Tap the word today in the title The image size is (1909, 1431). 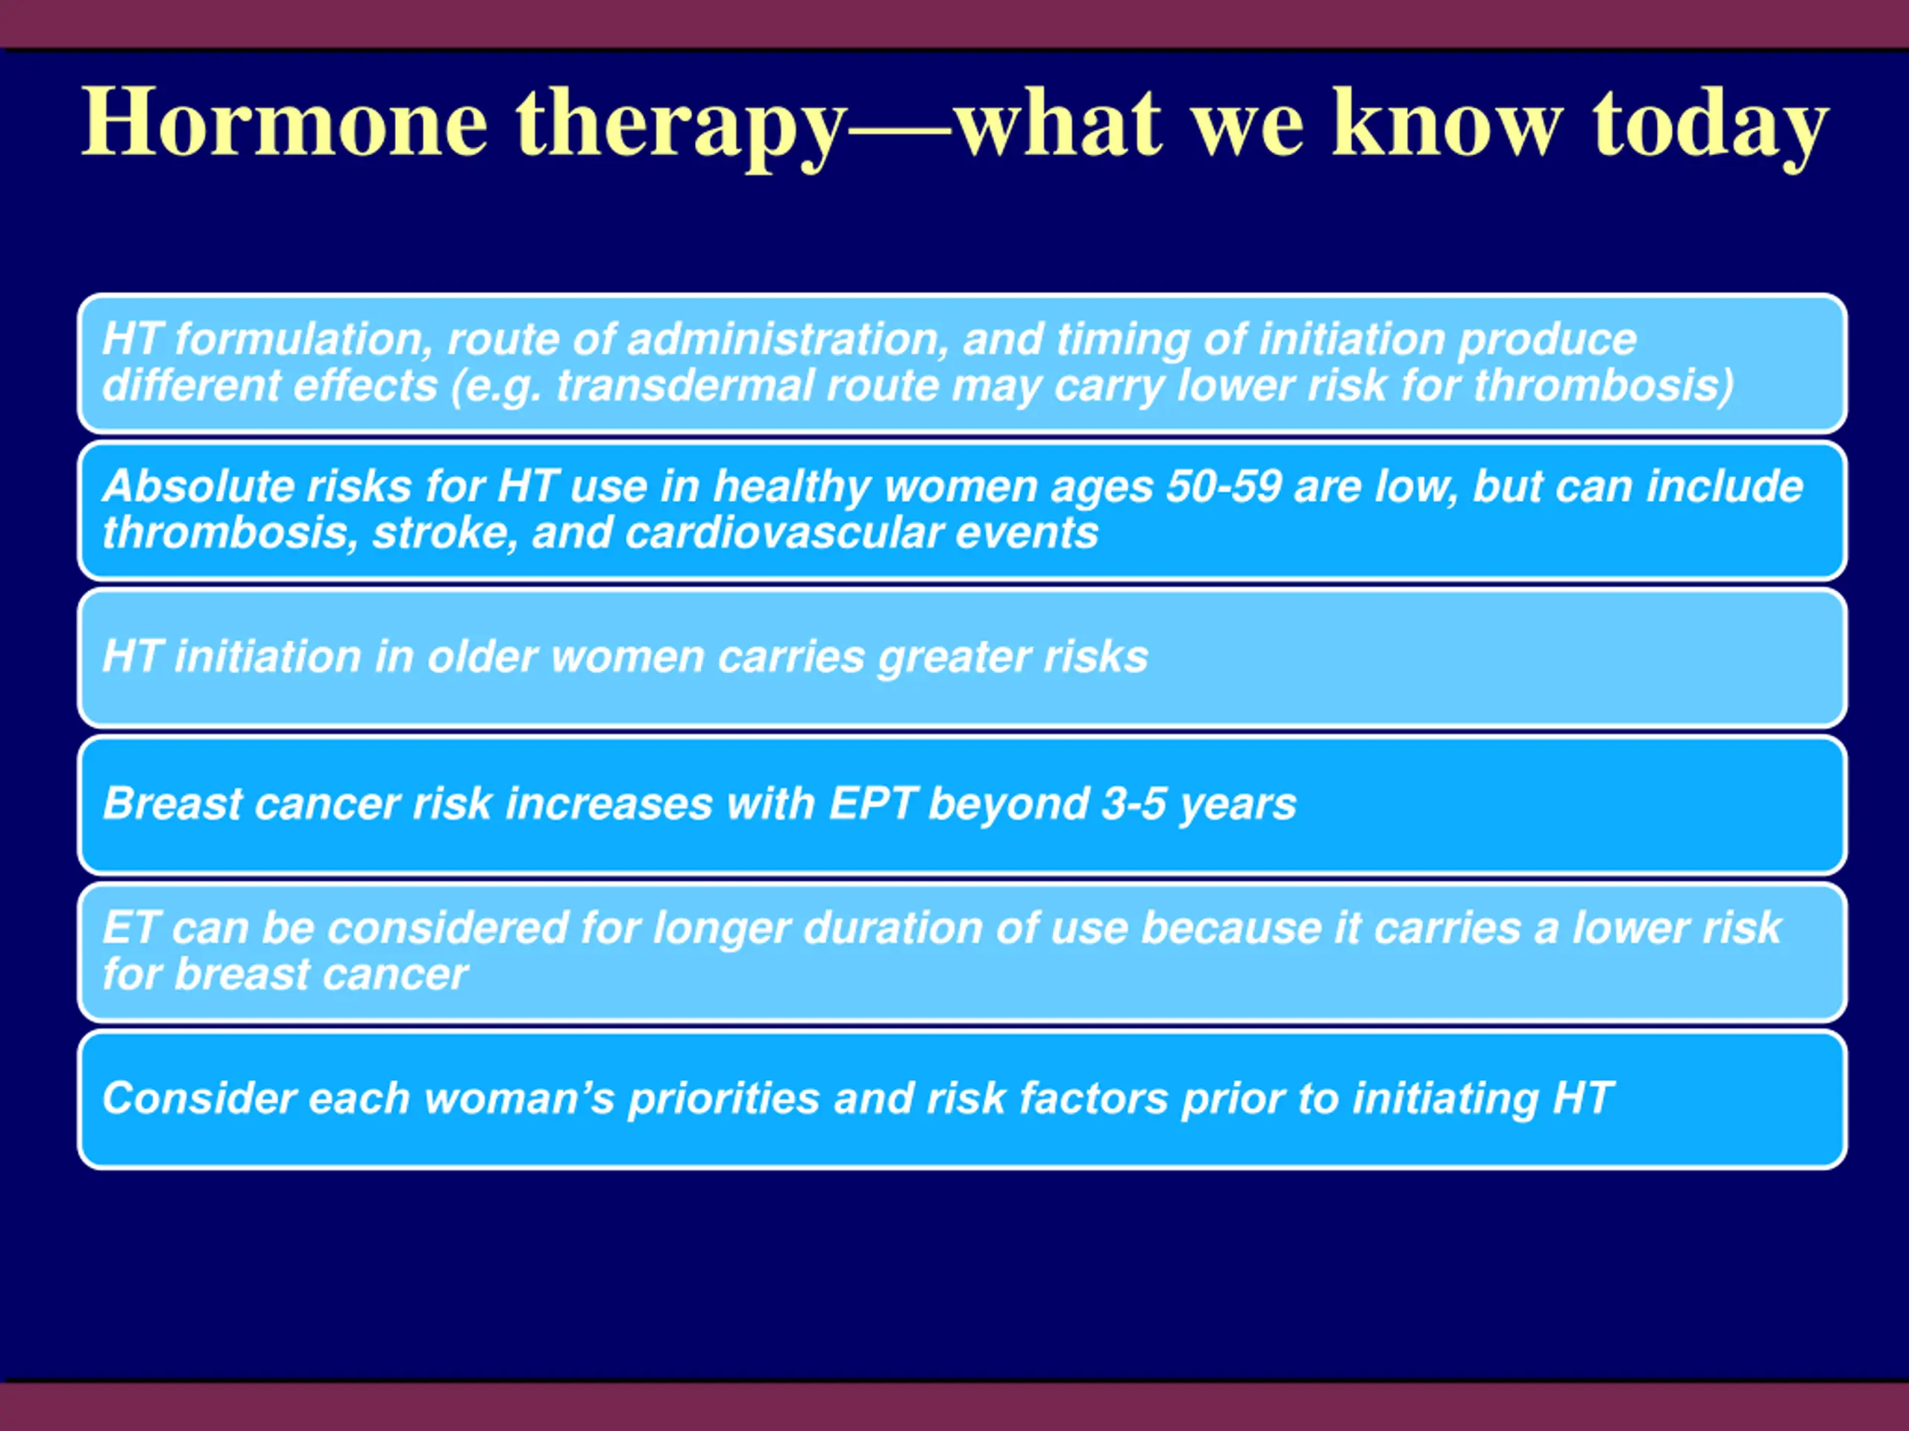pyautogui.click(x=1710, y=127)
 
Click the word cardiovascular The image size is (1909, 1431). pyautogui.click(x=784, y=532)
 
